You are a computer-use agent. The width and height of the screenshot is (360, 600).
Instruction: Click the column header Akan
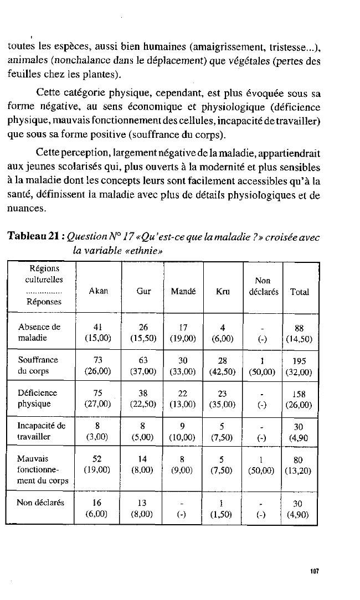tap(98, 291)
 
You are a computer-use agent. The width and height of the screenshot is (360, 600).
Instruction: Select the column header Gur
tap(143, 291)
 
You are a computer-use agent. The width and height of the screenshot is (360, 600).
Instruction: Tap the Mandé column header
tap(183, 291)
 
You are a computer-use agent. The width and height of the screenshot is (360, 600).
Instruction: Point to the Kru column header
tap(223, 291)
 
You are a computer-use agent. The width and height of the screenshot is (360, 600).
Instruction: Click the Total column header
tap(299, 291)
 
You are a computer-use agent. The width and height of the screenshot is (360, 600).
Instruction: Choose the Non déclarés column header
tap(262, 286)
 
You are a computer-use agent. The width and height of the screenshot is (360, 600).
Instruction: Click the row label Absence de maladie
tap(39, 332)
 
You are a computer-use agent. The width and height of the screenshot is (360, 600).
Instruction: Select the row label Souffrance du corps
tap(38, 365)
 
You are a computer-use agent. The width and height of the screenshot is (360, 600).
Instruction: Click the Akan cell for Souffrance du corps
tap(98, 365)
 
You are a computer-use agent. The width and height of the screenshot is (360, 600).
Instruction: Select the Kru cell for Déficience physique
tap(223, 398)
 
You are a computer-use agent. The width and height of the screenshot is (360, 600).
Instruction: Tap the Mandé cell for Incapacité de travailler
tap(183, 431)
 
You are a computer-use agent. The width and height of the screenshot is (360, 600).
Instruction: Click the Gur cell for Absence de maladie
tap(143, 332)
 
